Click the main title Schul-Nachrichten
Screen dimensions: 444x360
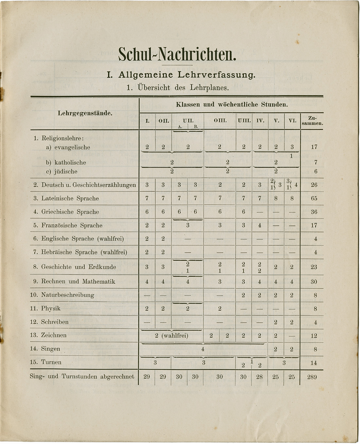tap(177, 54)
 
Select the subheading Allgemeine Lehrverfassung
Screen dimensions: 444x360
tap(181, 75)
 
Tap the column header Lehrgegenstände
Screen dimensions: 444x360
tap(85, 114)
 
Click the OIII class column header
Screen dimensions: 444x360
tap(220, 121)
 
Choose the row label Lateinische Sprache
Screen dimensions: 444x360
tap(70, 198)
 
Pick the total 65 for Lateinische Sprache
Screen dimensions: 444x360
tap(314, 198)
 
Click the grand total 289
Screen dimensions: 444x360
tap(312, 377)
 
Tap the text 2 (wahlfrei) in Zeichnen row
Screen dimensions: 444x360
tap(172, 335)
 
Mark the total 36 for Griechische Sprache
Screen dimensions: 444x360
tap(314, 212)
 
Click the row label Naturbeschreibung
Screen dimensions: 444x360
tap(67, 295)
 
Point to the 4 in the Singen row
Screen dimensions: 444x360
tap(203, 349)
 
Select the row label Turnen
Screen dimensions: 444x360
tap(51, 362)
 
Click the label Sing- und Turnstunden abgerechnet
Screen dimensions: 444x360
tap(82, 377)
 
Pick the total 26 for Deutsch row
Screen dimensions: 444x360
tap(314, 185)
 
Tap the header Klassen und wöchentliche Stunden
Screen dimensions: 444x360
tap(232, 105)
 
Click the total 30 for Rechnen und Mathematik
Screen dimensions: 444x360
tap(314, 281)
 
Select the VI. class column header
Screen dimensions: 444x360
tap(292, 121)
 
